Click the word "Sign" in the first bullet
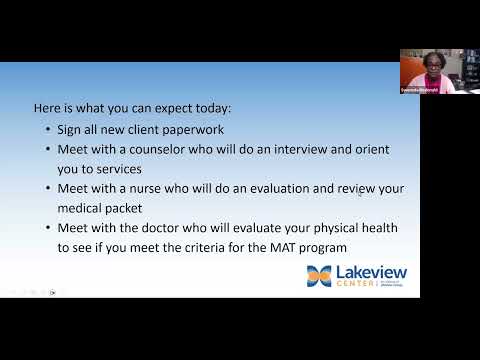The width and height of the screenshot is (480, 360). coord(69,129)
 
